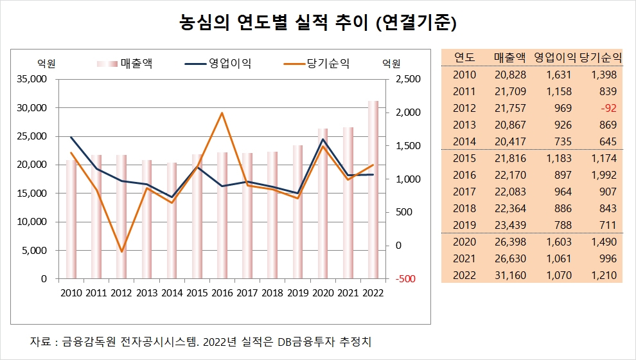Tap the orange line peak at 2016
coord(222,113)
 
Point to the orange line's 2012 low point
coord(121,251)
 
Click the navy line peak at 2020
coord(322,139)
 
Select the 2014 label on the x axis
coord(172,293)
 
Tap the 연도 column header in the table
coord(464,57)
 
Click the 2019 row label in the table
coord(464,225)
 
